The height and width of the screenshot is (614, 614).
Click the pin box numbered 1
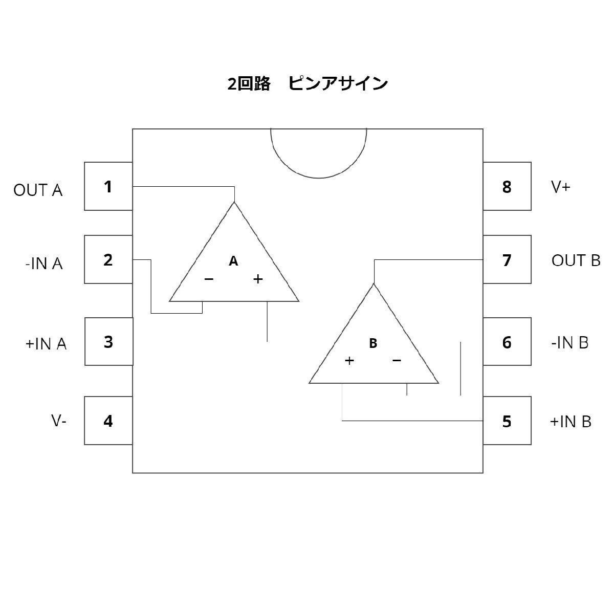[x=108, y=186]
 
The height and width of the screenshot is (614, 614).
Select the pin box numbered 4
[x=108, y=421]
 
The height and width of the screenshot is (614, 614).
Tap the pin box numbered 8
[x=507, y=186]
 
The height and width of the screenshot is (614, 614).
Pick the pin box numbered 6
[x=507, y=342]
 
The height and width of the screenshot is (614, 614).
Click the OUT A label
[x=38, y=190]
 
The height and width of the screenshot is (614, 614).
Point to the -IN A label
[x=43, y=264]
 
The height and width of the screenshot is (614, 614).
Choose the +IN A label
[x=46, y=344]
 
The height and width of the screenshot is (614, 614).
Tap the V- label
[x=59, y=421]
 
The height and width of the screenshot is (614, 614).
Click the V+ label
[x=561, y=187]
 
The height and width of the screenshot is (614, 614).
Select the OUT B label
[x=576, y=260]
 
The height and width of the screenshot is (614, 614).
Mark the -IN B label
[x=570, y=342]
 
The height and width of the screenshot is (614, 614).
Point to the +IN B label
[x=571, y=422]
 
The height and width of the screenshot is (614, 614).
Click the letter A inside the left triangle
[x=233, y=261]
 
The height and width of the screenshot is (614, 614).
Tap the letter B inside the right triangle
[x=373, y=344]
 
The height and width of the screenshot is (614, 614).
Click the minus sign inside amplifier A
[x=209, y=279]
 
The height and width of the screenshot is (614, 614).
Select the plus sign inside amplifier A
[x=258, y=279]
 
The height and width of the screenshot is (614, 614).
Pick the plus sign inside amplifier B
[x=349, y=361]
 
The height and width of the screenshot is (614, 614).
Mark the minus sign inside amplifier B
[x=397, y=361]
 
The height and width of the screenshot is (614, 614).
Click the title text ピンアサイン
[x=338, y=83]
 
